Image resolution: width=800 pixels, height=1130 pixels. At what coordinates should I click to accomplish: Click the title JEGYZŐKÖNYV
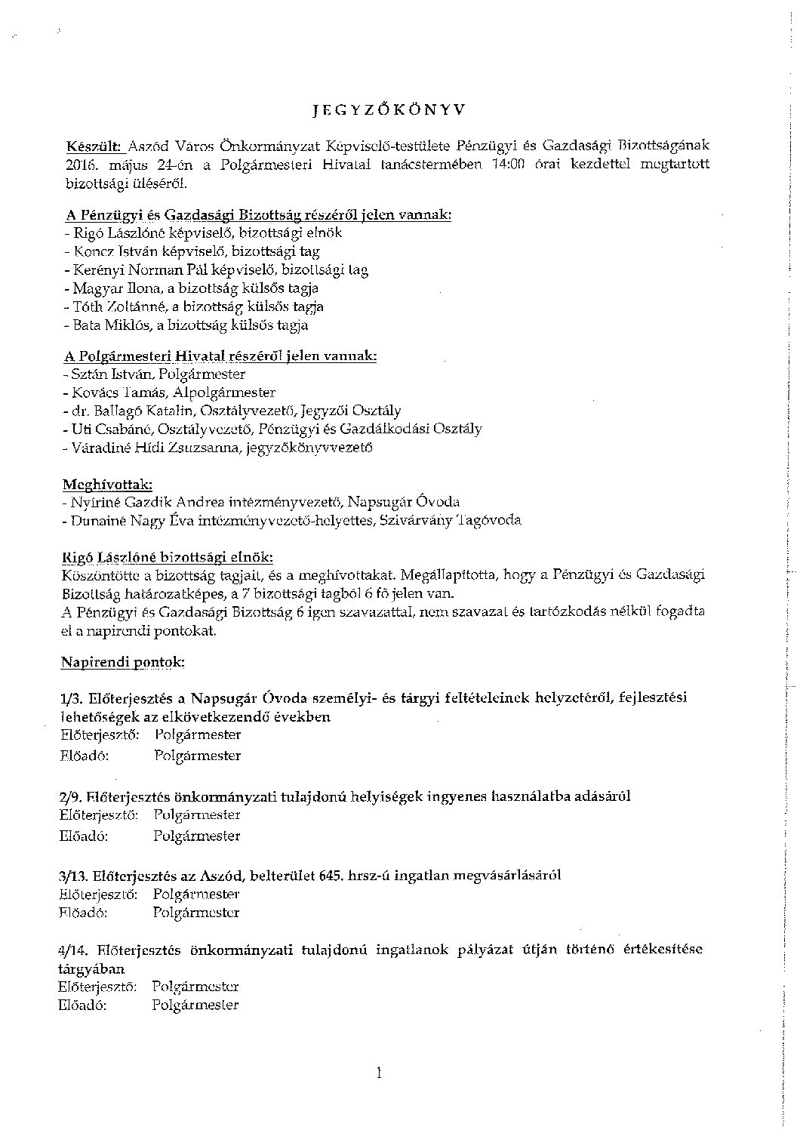389,109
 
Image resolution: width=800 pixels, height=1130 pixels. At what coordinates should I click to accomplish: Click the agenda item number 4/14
75,950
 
